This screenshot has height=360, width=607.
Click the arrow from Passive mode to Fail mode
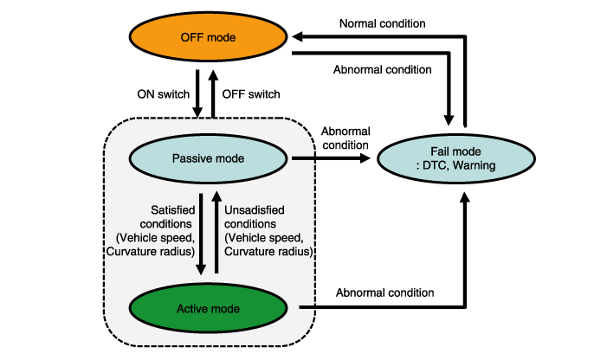334,159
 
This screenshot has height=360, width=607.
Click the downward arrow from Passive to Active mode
200,234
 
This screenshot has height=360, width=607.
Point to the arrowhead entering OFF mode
300,37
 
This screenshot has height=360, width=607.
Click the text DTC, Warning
467,166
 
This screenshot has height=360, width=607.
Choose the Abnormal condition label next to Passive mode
344,138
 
